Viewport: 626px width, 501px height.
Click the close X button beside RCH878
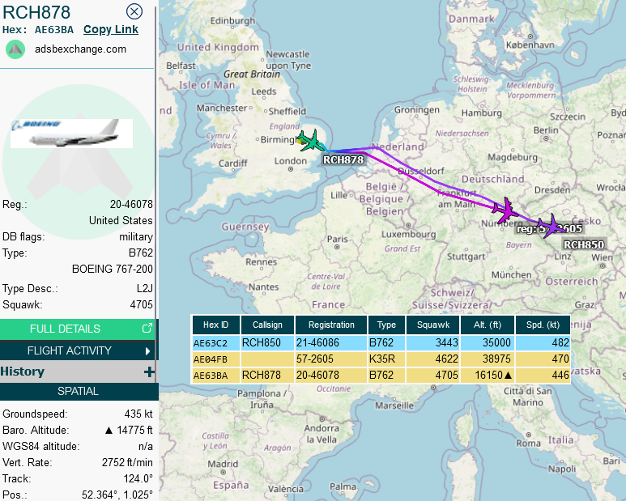click(x=134, y=11)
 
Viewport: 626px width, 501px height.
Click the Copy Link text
click(x=111, y=29)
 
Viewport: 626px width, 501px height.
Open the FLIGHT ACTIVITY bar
click(x=78, y=350)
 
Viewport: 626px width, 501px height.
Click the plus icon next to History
click(x=148, y=372)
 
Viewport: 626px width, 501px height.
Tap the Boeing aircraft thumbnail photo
click(x=72, y=134)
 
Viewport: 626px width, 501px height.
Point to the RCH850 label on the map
click(x=583, y=244)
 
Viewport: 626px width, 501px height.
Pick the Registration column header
click(x=331, y=325)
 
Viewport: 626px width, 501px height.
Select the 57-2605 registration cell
click(x=331, y=359)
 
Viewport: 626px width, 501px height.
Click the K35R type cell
click(x=387, y=359)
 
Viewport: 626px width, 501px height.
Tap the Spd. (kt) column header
click(x=543, y=325)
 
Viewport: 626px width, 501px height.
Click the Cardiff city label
click(x=232, y=162)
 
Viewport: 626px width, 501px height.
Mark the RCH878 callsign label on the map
click(x=343, y=159)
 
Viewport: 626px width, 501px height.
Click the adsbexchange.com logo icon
click(x=15, y=49)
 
